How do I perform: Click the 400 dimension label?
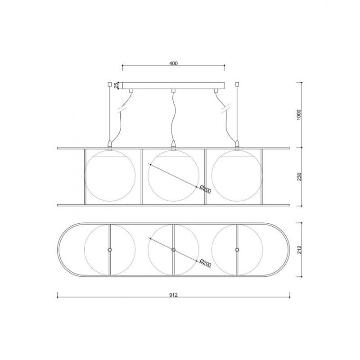point(173,63)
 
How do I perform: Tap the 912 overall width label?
point(173,295)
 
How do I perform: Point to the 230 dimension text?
point(299,176)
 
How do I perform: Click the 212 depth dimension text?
point(299,250)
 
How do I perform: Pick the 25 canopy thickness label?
point(117,85)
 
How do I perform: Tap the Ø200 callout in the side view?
point(205,189)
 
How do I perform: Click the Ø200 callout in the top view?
point(205,263)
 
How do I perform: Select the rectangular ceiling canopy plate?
point(173,85)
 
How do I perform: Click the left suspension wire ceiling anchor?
point(109,84)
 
